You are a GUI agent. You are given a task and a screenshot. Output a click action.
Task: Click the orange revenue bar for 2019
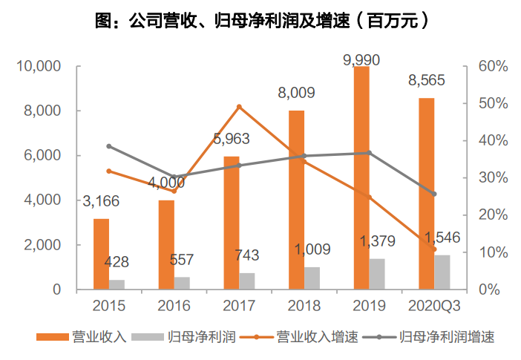361,178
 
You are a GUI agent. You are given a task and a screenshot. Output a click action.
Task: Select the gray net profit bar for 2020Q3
442,272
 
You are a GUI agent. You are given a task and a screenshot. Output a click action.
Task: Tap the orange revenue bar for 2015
101,254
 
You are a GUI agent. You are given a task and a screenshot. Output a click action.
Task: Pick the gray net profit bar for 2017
247,281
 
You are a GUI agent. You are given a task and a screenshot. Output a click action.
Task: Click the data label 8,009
296,94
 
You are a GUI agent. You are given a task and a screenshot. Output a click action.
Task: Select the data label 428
117,262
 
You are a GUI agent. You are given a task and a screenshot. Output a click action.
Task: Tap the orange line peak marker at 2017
239,107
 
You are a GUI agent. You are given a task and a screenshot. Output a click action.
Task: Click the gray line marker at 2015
108,146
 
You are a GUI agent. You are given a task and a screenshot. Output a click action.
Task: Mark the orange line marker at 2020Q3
434,249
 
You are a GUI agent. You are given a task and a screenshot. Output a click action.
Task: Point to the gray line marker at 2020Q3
434,194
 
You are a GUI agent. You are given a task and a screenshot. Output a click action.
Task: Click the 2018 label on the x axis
304,306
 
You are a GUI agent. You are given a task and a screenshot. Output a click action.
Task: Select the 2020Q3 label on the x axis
434,306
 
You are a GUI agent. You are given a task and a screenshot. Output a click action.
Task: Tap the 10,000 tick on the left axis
37,67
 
